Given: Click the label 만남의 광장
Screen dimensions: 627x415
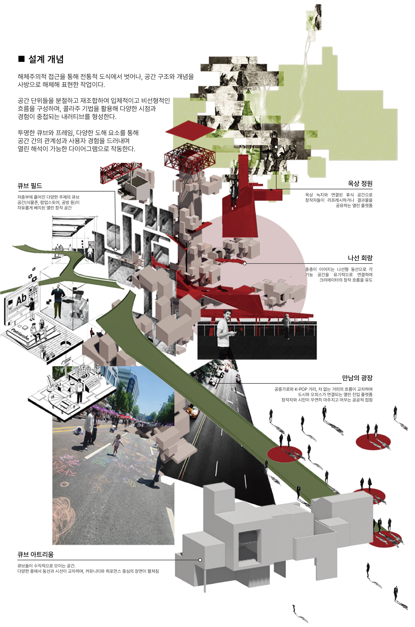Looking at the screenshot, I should coord(357,378).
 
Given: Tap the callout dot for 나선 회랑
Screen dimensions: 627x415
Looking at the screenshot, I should coord(245,263).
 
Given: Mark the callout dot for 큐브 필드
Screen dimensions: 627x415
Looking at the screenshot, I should coord(116,249).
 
